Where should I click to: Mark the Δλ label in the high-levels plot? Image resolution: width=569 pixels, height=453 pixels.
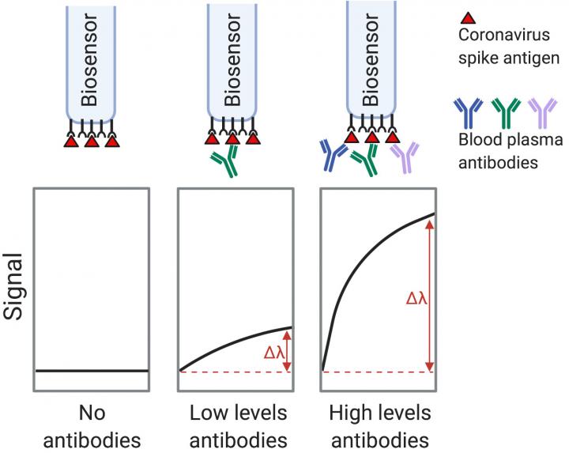pos(417,299)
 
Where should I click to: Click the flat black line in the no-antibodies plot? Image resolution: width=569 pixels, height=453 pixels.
pos(92,370)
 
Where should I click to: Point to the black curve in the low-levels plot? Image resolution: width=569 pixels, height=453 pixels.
pos(237,343)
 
